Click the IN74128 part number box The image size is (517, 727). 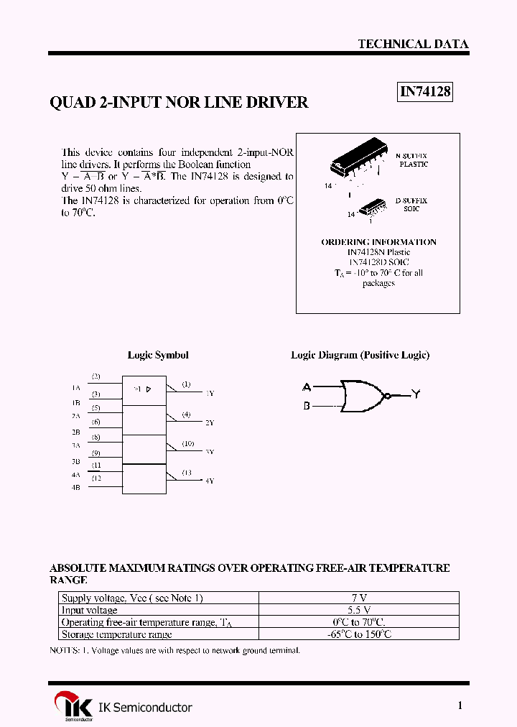pyautogui.click(x=424, y=92)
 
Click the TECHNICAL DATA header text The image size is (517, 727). pyautogui.click(x=413, y=44)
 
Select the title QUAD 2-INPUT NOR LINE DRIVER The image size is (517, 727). pyautogui.click(x=179, y=103)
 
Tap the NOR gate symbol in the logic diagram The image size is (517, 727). pyautogui.click(x=365, y=396)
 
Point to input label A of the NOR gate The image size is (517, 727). pyautogui.click(x=307, y=386)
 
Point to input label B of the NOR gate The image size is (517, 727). pyautogui.click(x=307, y=406)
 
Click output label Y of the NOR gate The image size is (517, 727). pyautogui.click(x=416, y=394)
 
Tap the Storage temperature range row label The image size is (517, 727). pyautogui.click(x=116, y=634)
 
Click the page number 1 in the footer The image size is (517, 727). pyautogui.click(x=460, y=705)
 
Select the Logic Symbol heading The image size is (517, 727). pyautogui.click(x=158, y=355)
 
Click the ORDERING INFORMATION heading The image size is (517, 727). pyautogui.click(x=378, y=242)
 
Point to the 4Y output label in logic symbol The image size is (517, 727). pyautogui.click(x=210, y=481)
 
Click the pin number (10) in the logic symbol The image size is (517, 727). pyautogui.click(x=187, y=444)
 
